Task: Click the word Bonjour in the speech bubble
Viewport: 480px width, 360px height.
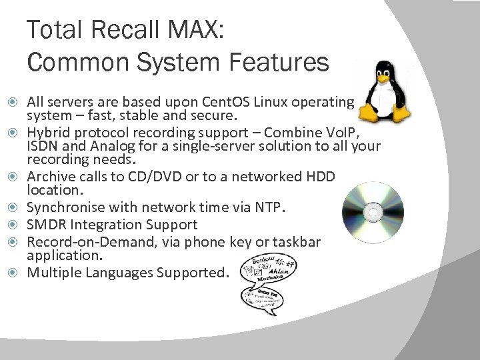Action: coord(265,258)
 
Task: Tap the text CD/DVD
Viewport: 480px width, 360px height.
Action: coord(145,175)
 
